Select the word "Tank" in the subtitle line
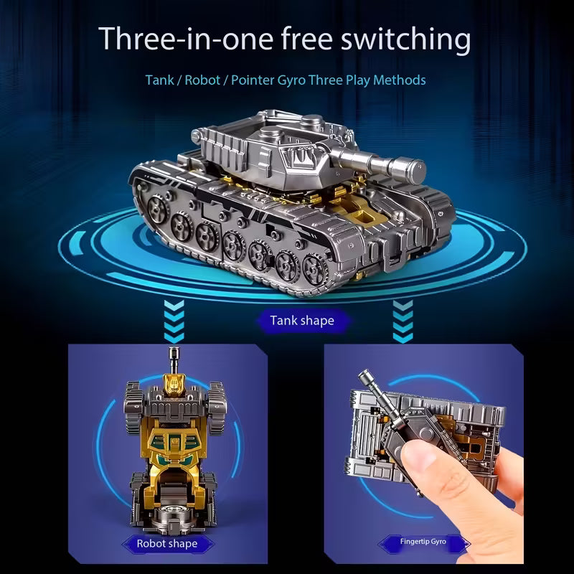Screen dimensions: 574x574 [159, 80]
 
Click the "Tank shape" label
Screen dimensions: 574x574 [301, 320]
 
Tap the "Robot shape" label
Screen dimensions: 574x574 [166, 543]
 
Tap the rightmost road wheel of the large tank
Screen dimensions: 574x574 [314, 270]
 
